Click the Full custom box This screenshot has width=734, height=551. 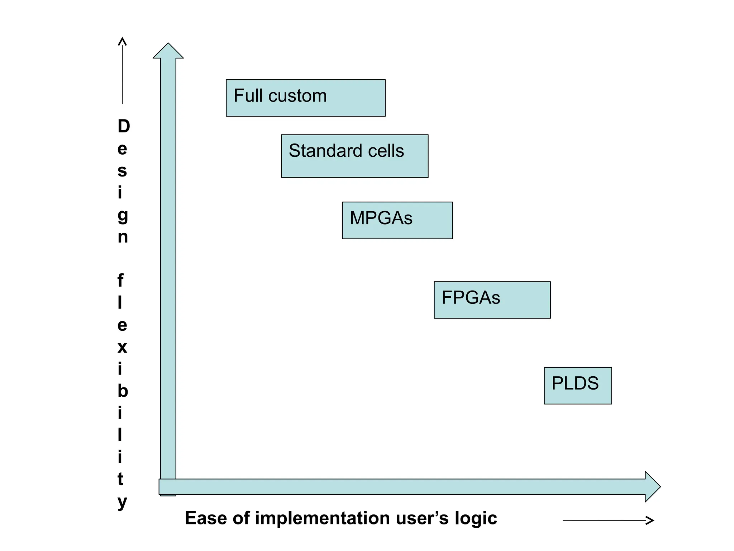pos(305,98)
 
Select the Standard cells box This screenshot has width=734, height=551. pos(354,156)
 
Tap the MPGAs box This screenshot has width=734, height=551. pos(397,220)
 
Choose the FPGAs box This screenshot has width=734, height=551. pos(492,300)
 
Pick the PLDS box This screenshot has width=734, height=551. pos(578,386)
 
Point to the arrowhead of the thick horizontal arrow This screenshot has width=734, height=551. pos(652,487)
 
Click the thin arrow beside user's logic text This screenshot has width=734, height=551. pos(608,520)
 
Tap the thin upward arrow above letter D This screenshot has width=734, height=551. pos(122,70)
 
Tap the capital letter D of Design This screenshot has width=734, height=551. pos(124,126)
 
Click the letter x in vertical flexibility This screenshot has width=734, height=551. pos(122,347)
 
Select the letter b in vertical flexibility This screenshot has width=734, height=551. pos(123,391)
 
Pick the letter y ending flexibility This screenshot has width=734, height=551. pos(122,502)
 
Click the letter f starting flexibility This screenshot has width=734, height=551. pos(121,281)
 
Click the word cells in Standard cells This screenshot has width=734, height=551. pos(386,151)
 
